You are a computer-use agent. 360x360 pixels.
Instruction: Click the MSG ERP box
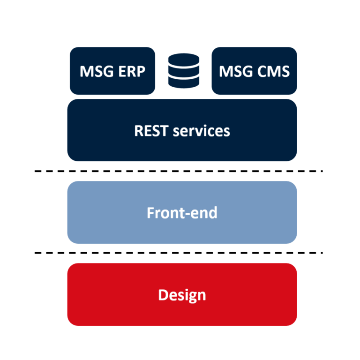112,71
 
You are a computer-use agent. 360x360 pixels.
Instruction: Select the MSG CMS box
254,71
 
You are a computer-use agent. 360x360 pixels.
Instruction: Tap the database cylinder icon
184,71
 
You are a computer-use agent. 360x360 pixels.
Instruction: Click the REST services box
182,130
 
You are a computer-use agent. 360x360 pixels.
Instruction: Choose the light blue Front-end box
182,212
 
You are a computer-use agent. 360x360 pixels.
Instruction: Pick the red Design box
182,294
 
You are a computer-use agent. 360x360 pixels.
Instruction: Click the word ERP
132,71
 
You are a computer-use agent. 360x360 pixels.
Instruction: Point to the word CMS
273,71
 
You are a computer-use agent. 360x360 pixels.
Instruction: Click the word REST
151,131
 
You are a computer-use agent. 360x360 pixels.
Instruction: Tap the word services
202,131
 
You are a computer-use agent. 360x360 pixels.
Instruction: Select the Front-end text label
182,213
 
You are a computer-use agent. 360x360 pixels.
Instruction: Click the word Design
182,295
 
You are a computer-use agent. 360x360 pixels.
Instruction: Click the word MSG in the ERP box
97,71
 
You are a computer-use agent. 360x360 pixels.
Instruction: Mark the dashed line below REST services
179,171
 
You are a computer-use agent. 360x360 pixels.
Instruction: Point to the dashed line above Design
179,253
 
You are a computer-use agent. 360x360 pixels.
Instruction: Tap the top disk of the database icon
184,60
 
